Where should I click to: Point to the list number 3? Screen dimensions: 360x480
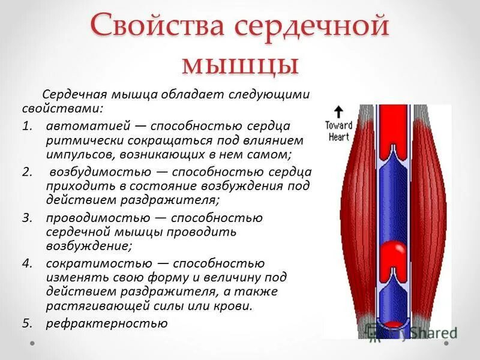coord(26,218)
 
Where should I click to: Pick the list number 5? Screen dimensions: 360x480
coord(26,323)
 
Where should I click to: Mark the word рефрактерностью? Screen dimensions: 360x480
coord(106,323)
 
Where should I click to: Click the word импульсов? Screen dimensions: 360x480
coord(76,154)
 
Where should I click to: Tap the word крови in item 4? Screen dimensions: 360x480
coord(234,306)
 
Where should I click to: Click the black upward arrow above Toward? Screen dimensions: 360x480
coord(338,112)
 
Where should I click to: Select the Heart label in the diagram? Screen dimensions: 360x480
coord(338,136)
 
